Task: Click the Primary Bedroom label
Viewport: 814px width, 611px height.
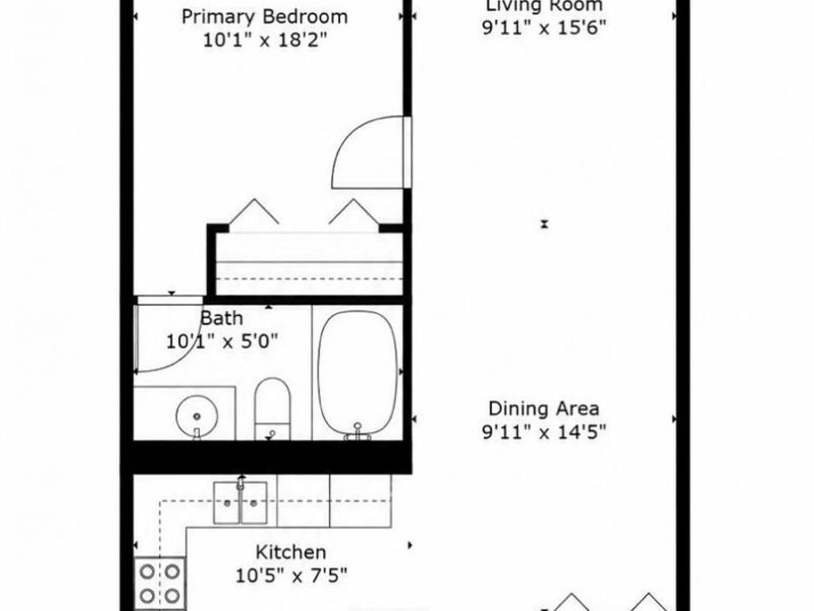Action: pyautogui.click(x=265, y=17)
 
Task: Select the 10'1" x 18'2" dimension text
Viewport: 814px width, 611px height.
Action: pyautogui.click(x=265, y=40)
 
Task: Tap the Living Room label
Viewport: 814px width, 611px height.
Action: pyautogui.click(x=544, y=5)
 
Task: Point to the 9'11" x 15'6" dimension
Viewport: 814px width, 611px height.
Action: pyautogui.click(x=544, y=27)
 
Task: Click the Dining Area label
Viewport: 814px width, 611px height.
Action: pyautogui.click(x=544, y=408)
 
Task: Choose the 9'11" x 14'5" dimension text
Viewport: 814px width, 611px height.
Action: pyautogui.click(x=544, y=431)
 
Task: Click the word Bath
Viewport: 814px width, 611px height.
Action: pyautogui.click(x=222, y=318)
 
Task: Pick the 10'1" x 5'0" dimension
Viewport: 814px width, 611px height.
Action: pyautogui.click(x=222, y=341)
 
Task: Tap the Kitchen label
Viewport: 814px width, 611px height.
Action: pyautogui.click(x=290, y=552)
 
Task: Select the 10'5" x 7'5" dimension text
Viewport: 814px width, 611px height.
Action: pyautogui.click(x=291, y=575)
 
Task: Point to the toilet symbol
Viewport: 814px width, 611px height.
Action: pyautogui.click(x=272, y=409)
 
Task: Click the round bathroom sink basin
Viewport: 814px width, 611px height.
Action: pyautogui.click(x=196, y=416)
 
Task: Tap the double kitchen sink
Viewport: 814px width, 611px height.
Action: pyautogui.click(x=241, y=502)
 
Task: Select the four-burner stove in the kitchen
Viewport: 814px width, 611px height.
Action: pyautogui.click(x=160, y=584)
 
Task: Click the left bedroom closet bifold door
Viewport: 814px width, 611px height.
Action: pyautogui.click(x=254, y=212)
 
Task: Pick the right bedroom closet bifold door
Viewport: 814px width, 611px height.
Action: pyautogui.click(x=354, y=212)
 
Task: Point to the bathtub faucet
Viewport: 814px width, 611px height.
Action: pyautogui.click(x=357, y=433)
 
